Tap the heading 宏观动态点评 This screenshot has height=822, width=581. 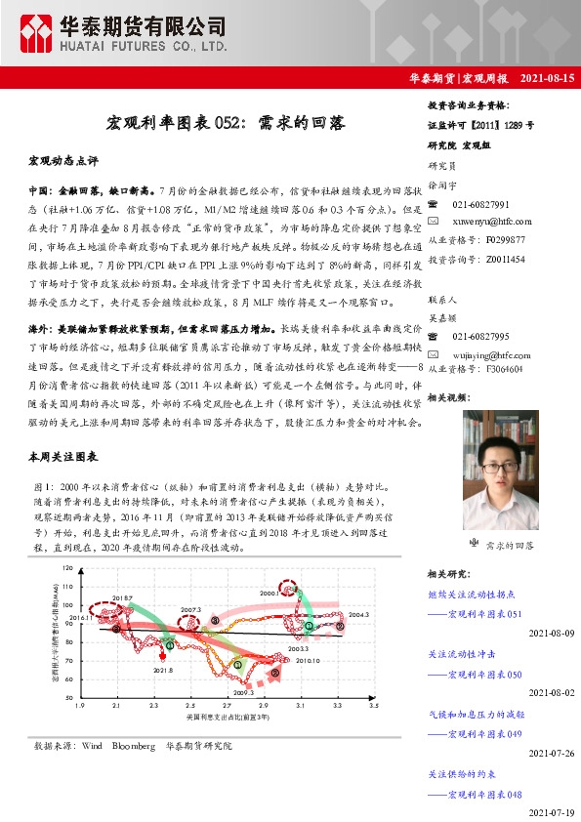pos(63,158)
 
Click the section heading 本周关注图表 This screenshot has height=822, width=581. pos(63,457)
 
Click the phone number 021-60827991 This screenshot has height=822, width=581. pos(480,203)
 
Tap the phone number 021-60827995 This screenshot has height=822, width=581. pos(480,335)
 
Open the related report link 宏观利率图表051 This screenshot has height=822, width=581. pos(485,613)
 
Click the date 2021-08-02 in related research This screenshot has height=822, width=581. pos(551,692)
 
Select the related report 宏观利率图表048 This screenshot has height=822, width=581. pos(485,793)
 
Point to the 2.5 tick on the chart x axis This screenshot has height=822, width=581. pos(189,705)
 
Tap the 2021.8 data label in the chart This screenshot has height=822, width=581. pos(163,670)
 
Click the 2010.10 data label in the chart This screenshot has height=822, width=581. pos(308,661)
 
